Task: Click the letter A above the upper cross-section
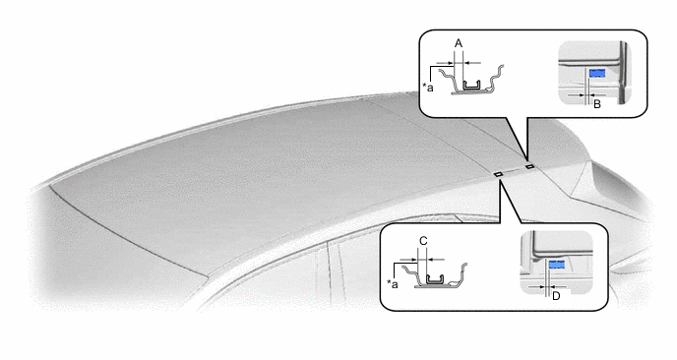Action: [459, 43]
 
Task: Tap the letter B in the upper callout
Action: [597, 104]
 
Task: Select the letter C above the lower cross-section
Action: [423, 241]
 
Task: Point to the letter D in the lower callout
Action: [556, 296]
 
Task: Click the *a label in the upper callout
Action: [428, 88]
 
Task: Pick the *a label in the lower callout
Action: [393, 283]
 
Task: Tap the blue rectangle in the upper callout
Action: [597, 74]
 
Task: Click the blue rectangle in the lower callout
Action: [557, 265]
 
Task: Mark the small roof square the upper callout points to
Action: [529, 166]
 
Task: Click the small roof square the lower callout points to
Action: [497, 174]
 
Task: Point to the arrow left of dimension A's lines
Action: [445, 63]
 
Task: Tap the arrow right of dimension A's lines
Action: [472, 63]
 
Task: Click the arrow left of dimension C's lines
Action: [409, 260]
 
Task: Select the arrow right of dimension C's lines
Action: [436, 260]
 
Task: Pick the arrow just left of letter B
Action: [577, 94]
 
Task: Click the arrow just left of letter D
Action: [537, 286]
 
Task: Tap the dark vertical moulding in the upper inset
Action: [623, 73]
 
